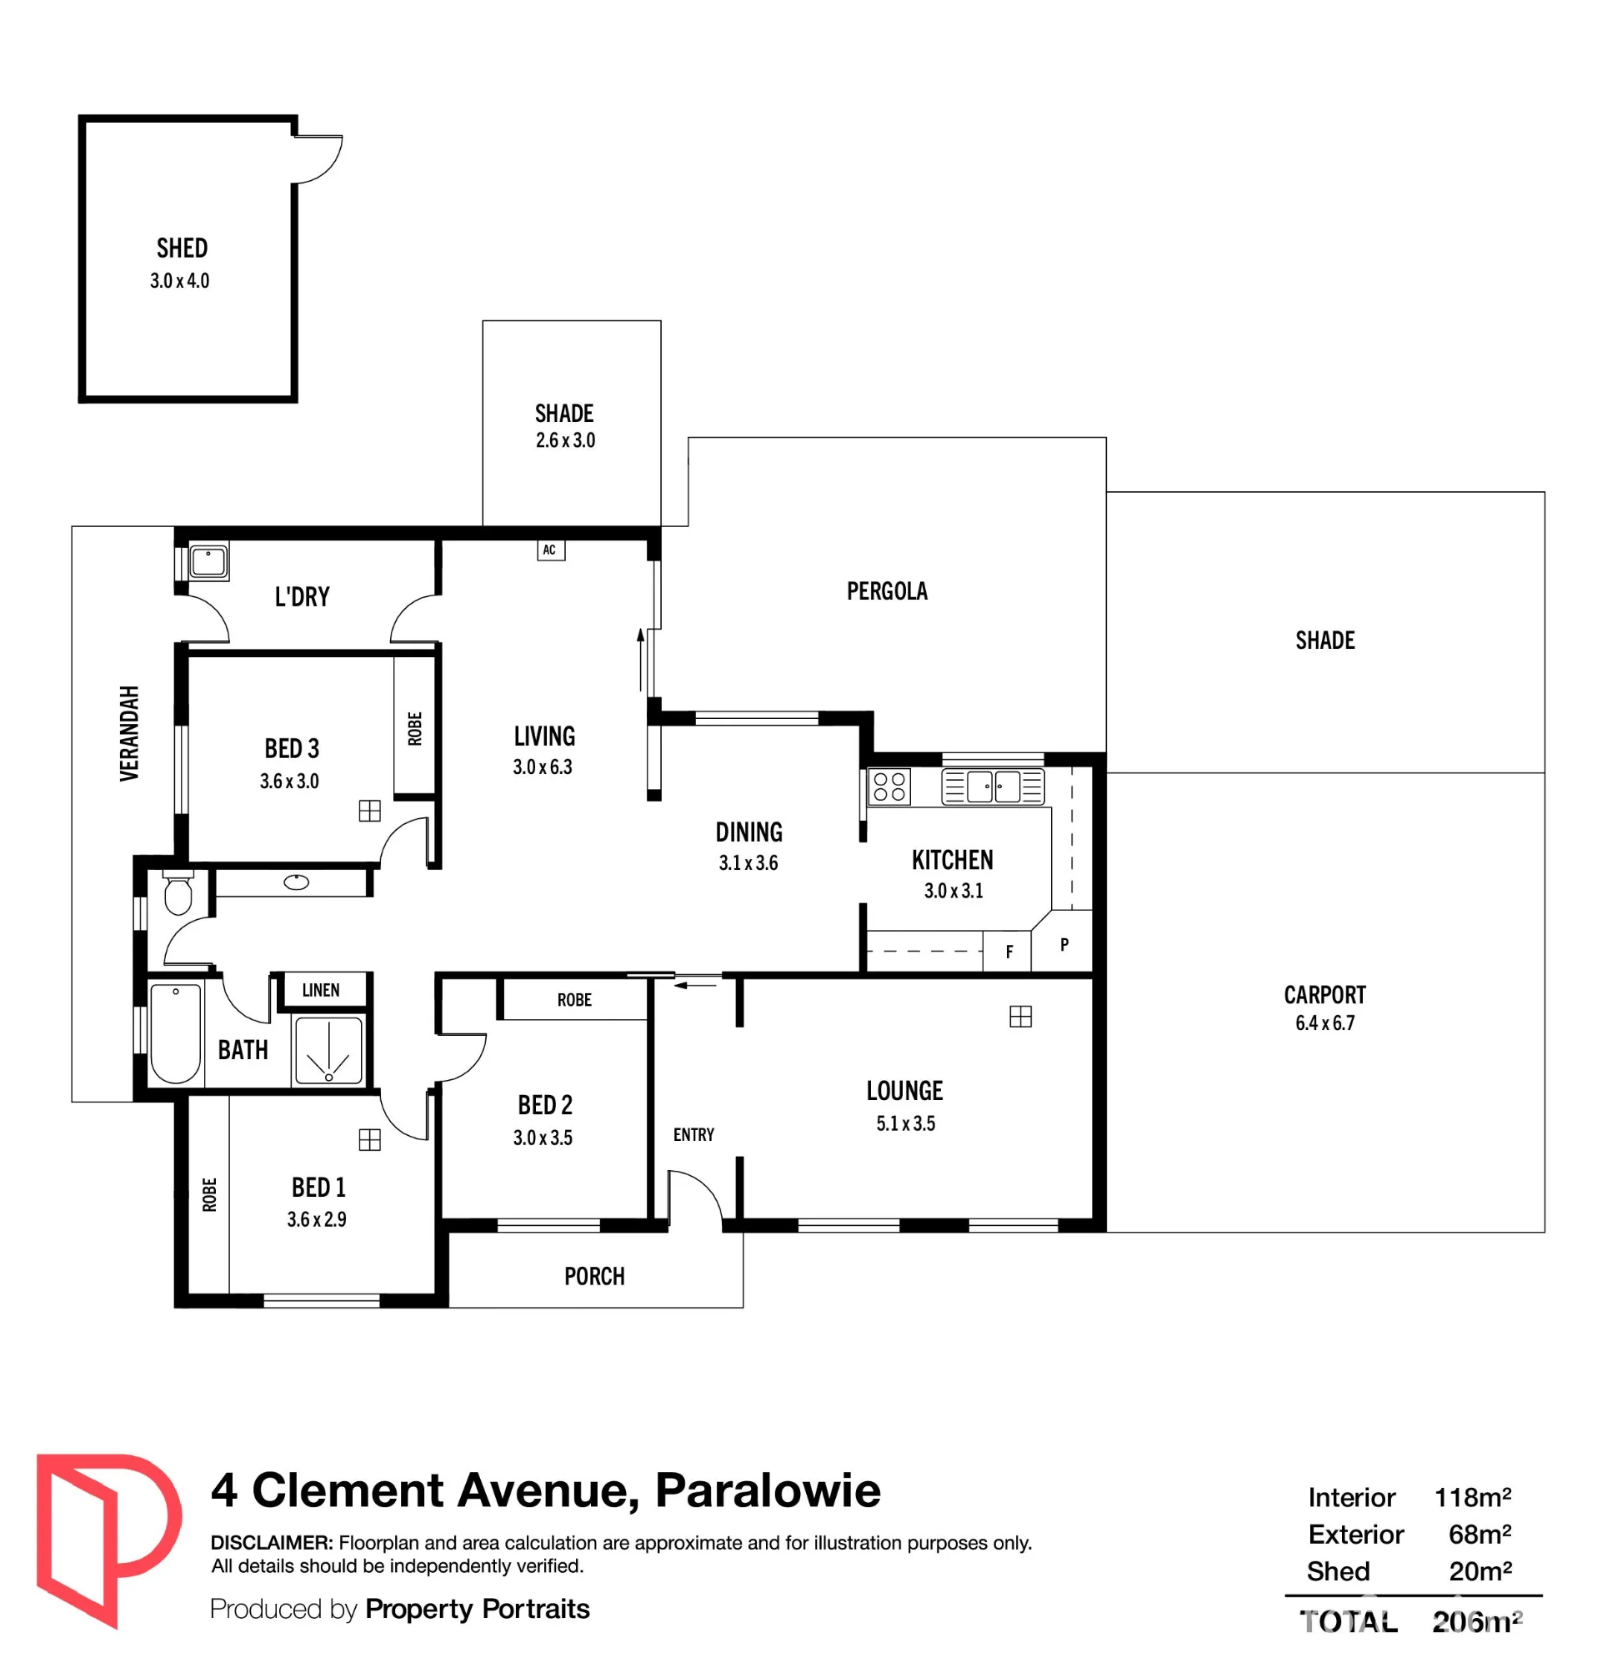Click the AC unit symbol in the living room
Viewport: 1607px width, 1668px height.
[550, 550]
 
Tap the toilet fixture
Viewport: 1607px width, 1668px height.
[178, 892]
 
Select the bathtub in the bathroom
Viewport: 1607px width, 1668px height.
[175, 1032]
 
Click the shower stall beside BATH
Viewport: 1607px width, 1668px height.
[328, 1050]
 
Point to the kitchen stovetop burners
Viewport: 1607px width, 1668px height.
[889, 787]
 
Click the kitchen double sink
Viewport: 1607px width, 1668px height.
[993, 786]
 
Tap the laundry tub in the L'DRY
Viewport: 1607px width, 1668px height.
[208, 562]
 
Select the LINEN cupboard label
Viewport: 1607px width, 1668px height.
[321, 990]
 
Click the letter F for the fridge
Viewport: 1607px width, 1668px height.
[1009, 952]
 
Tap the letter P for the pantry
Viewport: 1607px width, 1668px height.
[1064, 945]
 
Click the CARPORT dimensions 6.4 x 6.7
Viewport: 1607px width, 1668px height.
[1324, 1023]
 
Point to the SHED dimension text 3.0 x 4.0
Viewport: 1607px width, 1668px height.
[179, 281]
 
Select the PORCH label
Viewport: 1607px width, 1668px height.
[594, 1277]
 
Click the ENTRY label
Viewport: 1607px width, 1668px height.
[693, 1134]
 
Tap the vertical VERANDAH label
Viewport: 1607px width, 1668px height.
[129, 733]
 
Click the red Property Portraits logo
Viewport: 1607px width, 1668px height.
[108, 1541]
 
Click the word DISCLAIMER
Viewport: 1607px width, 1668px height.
[272, 1543]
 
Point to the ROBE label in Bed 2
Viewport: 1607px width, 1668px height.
[574, 1000]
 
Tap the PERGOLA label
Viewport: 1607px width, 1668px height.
[887, 590]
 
